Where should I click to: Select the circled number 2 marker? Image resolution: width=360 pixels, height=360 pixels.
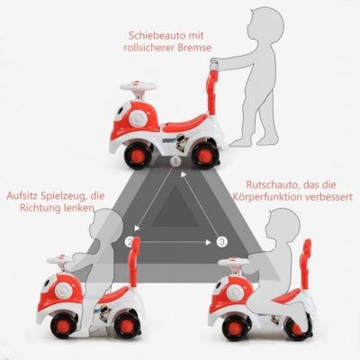point(130,242)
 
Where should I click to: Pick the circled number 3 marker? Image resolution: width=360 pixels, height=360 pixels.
point(221,241)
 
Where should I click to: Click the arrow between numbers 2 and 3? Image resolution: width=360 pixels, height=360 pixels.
point(175,241)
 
